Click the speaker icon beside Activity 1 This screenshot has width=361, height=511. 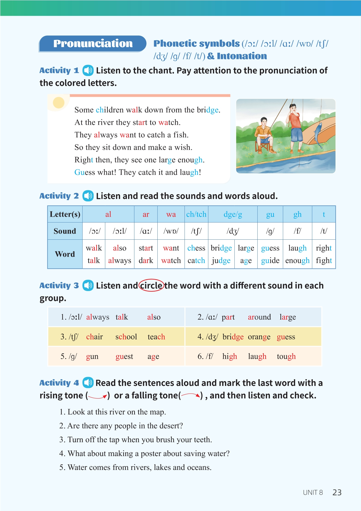[88, 70]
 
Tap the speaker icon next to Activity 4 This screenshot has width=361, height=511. [88, 383]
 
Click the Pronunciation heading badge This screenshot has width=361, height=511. [93, 44]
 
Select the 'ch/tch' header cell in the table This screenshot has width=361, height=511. [196, 214]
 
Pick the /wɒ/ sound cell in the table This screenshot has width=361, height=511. [171, 231]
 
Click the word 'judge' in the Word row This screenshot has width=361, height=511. [221, 260]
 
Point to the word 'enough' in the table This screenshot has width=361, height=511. [297, 260]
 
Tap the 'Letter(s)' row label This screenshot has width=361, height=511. [65, 214]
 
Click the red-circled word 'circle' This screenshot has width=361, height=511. [151, 285]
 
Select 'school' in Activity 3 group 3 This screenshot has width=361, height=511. [126, 337]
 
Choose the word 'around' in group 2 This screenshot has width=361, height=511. [259, 317]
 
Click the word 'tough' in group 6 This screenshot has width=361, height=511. [286, 356]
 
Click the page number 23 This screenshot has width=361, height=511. [337, 492]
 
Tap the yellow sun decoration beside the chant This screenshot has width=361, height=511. [59, 103]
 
